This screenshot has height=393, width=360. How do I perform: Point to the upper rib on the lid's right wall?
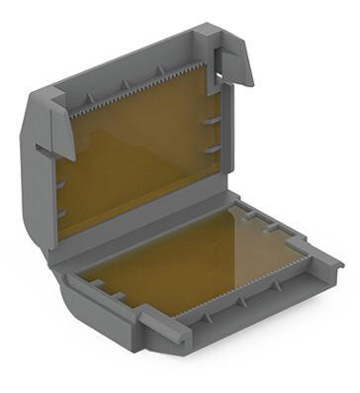(x=212, y=118)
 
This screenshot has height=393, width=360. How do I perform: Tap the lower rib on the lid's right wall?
(x=212, y=148)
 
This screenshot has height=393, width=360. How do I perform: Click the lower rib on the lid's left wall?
(x=61, y=212)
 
